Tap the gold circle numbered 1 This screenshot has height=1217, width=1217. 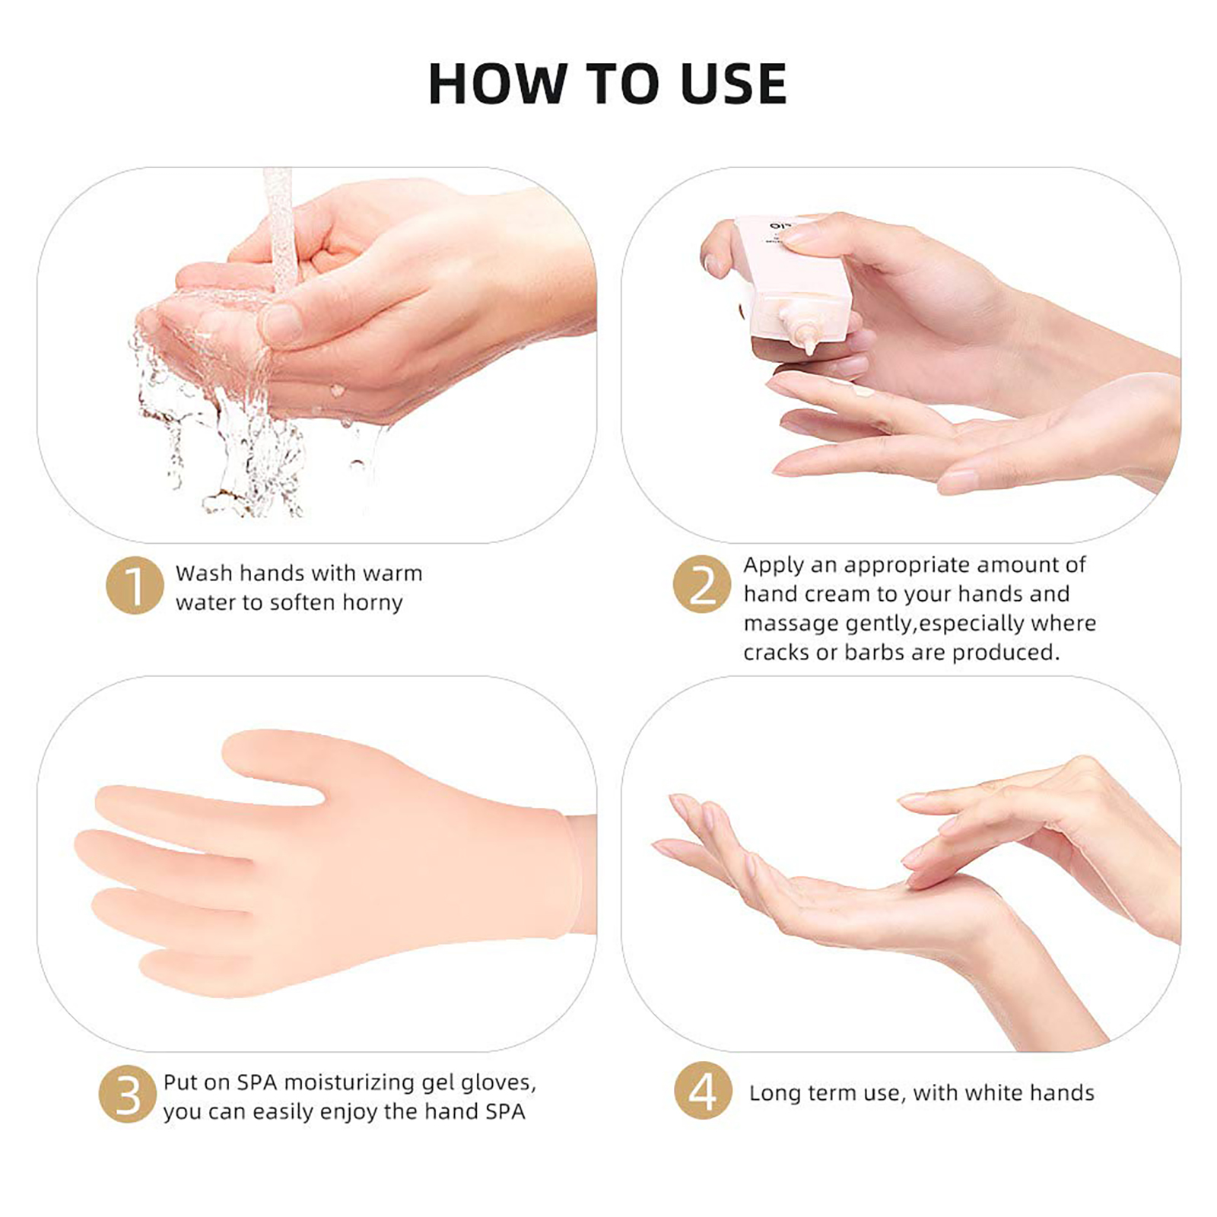point(135,586)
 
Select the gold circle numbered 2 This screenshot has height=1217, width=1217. point(702,585)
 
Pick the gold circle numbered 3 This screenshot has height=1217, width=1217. point(128,1095)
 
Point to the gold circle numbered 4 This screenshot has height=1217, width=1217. point(703,1091)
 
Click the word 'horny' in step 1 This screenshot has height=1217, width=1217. point(372,603)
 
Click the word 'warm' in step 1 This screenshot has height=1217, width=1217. point(392,574)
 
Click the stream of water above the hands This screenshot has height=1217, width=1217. point(278,228)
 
